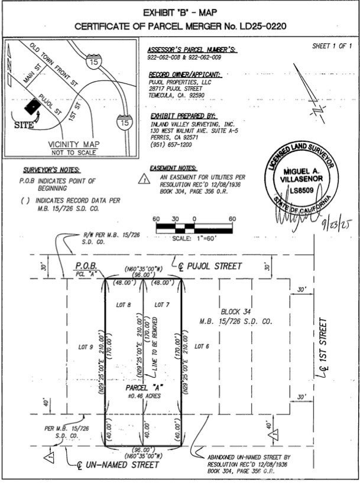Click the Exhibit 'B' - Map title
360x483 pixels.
coord(180,12)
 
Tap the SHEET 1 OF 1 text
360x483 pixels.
coord(332,46)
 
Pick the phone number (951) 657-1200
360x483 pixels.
coord(171,145)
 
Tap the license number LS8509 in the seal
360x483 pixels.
coord(301,190)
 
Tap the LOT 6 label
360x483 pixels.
coord(202,346)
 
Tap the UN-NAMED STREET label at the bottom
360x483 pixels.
coord(115,465)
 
